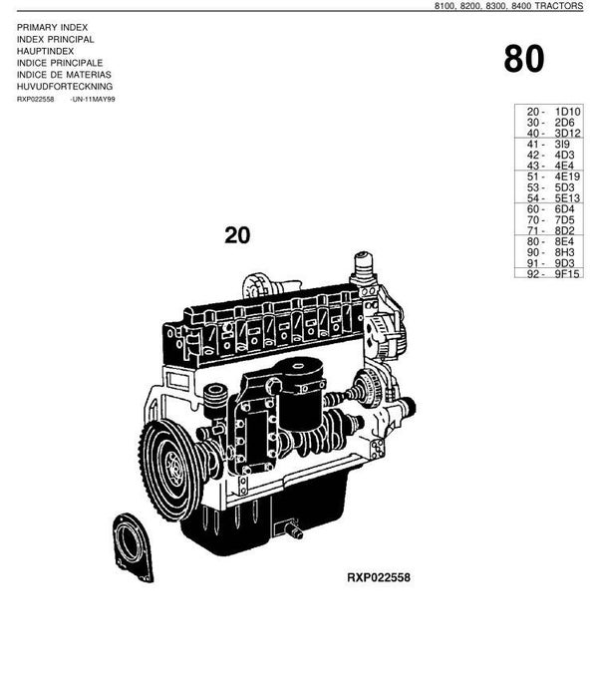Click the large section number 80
point(523,60)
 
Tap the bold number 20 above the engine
point(237,235)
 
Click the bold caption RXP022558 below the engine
point(379,577)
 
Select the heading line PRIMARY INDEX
point(52,28)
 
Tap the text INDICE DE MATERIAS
point(64,75)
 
